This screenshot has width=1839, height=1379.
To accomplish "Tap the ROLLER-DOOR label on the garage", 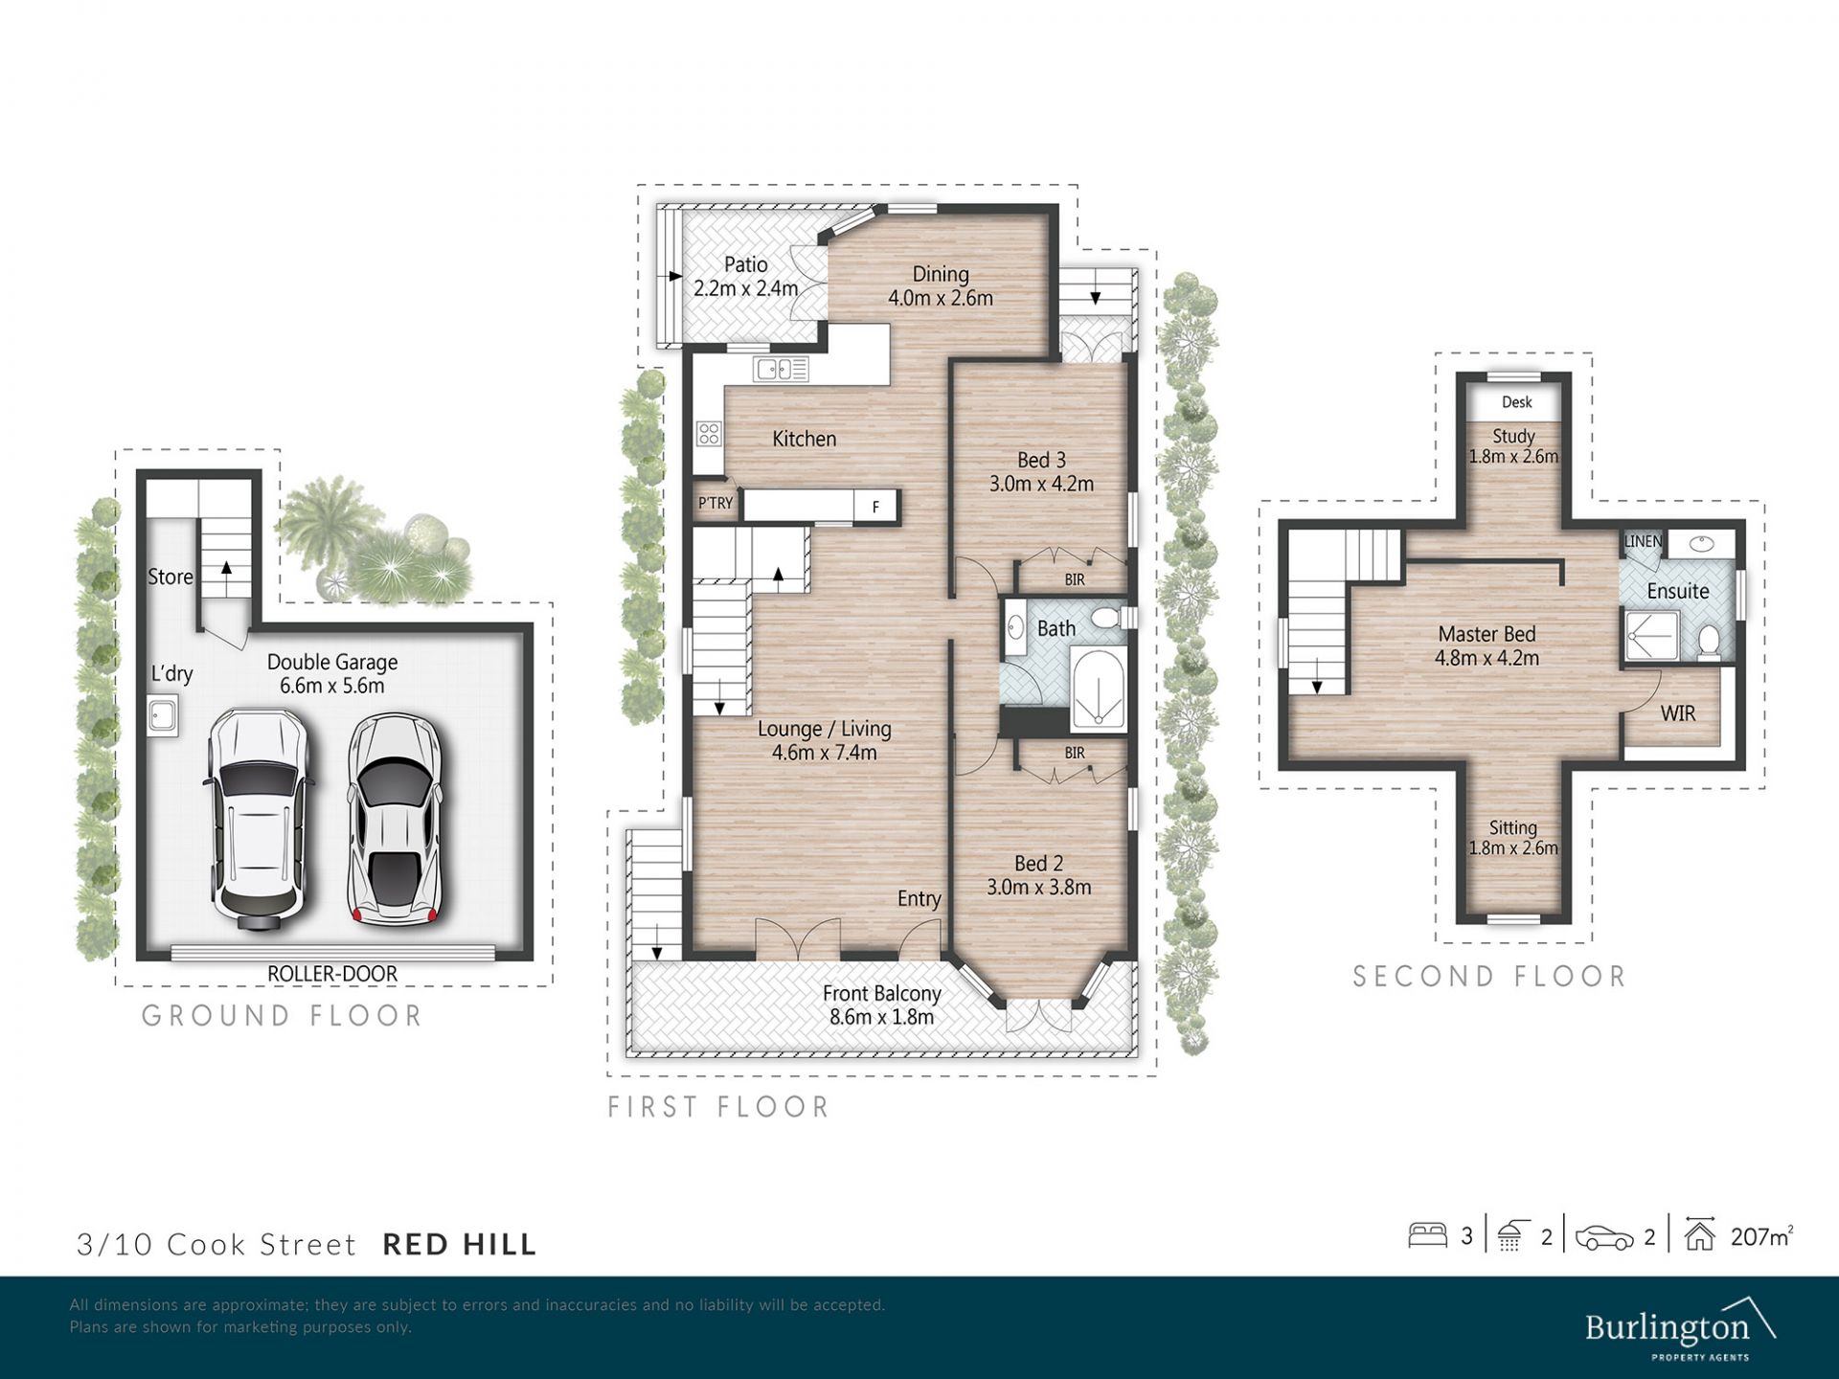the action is [332, 974].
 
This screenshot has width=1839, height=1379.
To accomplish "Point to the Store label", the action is [170, 576].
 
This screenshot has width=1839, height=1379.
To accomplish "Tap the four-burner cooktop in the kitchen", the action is [709, 434].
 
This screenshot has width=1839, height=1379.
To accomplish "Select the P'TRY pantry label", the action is [715, 503].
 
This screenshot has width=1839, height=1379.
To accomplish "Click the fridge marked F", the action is [875, 507].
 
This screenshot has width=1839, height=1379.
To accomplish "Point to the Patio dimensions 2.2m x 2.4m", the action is [746, 288].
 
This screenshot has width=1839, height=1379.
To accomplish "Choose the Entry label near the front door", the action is [919, 899].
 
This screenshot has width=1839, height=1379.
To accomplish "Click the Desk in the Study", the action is [1516, 402].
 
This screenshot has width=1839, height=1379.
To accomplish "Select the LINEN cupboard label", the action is [1644, 542].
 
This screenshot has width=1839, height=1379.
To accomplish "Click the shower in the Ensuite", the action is [1652, 636].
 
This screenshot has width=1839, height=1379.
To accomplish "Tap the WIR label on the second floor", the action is [1678, 713].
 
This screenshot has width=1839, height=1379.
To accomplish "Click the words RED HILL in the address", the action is [460, 1245].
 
